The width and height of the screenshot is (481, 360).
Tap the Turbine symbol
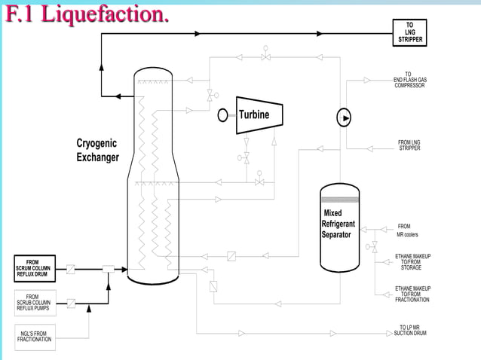259,114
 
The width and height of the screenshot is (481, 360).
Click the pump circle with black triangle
344,117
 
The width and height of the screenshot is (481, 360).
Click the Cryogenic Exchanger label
97,150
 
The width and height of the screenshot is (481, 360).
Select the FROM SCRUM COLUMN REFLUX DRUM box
33,268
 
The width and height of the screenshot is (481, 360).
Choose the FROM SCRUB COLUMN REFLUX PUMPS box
33,303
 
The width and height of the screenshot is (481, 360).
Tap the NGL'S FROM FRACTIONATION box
35,336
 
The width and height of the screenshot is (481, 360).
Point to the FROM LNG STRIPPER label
409,145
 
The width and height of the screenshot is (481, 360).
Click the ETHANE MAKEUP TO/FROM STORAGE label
412,261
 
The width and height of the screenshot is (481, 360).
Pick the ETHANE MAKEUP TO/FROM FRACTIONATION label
412,294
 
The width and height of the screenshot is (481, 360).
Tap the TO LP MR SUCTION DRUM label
411,331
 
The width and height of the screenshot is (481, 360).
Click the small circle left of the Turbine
222,115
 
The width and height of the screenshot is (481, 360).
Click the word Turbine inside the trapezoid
254,114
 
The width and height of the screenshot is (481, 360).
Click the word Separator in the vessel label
336,234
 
